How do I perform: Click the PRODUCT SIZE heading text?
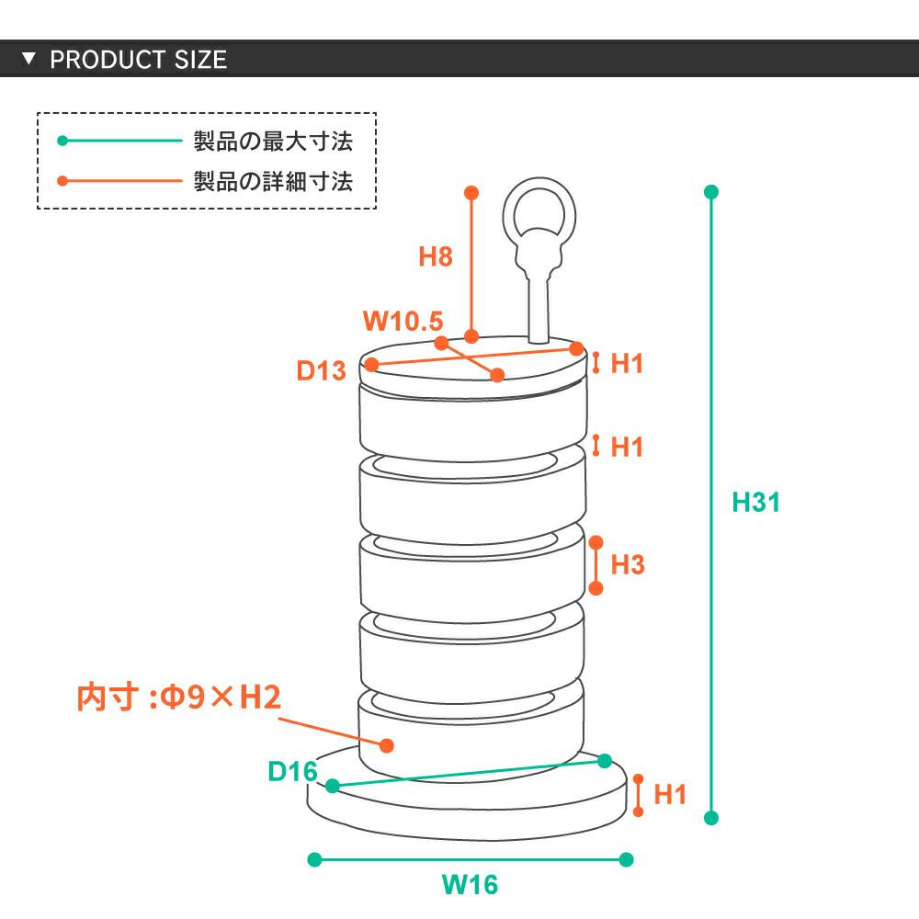(x=138, y=61)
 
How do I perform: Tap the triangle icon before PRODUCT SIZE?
(x=28, y=60)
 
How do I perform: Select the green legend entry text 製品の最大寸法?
(x=272, y=142)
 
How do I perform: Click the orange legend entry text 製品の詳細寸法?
(x=272, y=181)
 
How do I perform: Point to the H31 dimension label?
(x=755, y=503)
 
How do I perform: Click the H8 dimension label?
(x=436, y=256)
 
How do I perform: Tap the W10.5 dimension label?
(x=403, y=322)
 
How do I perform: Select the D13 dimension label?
(x=321, y=371)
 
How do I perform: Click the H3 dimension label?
(x=627, y=564)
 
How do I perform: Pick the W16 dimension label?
(x=470, y=885)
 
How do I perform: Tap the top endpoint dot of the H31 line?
(x=710, y=193)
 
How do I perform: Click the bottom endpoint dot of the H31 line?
(x=710, y=817)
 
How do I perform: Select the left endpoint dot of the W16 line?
(x=314, y=859)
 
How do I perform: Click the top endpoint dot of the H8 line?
(x=471, y=193)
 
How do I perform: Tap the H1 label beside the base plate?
(x=670, y=795)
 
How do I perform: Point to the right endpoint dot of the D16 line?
(x=605, y=761)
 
